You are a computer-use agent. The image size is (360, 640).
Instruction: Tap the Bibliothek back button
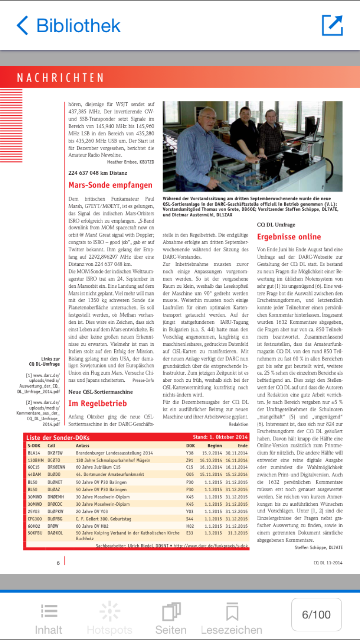pyautogui.click(x=68, y=25)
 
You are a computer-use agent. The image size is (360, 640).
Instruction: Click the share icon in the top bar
pyautogui.click(x=332, y=25)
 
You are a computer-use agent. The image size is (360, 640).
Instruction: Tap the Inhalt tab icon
pyautogui.click(x=48, y=612)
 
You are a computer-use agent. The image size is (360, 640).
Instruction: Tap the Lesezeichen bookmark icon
pyautogui.click(x=232, y=612)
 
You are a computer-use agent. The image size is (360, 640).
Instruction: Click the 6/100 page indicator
pyautogui.click(x=316, y=615)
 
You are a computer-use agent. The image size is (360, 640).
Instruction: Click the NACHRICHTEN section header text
pyautogui.click(x=60, y=78)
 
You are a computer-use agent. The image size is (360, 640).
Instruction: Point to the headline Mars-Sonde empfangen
pyautogui.click(x=110, y=185)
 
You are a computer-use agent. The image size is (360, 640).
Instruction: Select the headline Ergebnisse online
pyautogui.click(x=289, y=237)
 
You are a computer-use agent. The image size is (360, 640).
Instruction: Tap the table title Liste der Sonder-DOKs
pyautogui.click(x=58, y=437)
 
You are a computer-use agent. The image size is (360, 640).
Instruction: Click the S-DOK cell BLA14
pyautogui.click(x=34, y=452)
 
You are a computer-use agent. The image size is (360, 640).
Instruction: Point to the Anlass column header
pyautogui.click(x=83, y=445)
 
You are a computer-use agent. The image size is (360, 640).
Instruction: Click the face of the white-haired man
pyautogui.click(x=207, y=118)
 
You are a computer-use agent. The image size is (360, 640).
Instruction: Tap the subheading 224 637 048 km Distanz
pyautogui.click(x=98, y=173)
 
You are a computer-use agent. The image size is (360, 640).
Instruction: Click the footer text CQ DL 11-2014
pyautogui.click(x=328, y=562)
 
